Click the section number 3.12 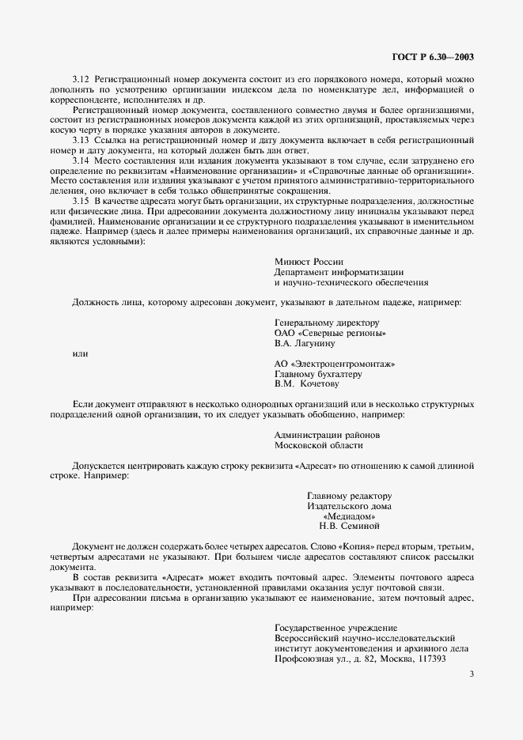coord(81,81)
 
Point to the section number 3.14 coord(81,160)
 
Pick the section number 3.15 coord(81,202)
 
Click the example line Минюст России coord(309,262)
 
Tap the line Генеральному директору coord(327,323)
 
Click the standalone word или coord(80,353)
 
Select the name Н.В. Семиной coord(350,526)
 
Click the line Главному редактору coord(349,496)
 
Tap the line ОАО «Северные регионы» coord(330,334)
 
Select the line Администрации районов coord(327,435)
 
